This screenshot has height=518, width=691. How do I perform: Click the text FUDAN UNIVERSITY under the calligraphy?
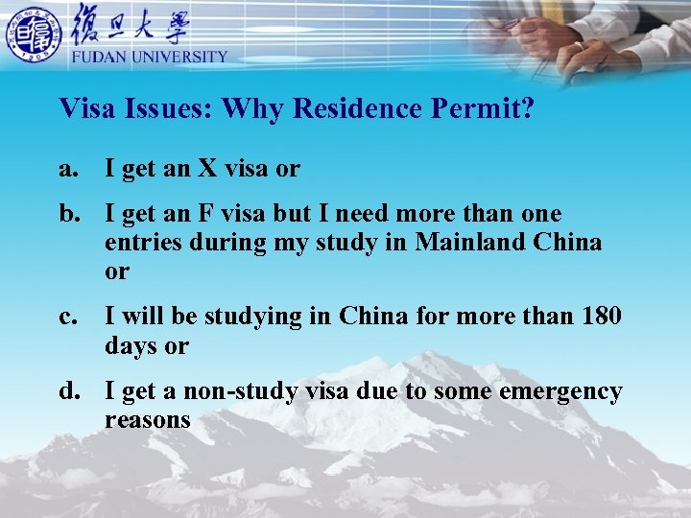click(x=149, y=57)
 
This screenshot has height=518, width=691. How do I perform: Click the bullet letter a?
click(x=67, y=169)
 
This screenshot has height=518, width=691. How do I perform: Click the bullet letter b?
click(x=68, y=213)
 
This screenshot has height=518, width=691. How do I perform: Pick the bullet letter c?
click(x=67, y=316)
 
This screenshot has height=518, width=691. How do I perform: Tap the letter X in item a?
click(x=208, y=169)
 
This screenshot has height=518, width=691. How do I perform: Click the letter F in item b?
click(x=206, y=213)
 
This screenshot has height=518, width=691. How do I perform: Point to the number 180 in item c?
click(x=601, y=316)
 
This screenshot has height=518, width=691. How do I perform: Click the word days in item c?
click(x=131, y=345)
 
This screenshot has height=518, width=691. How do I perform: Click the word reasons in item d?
click(x=148, y=420)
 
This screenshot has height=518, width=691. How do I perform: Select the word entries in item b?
click(x=144, y=242)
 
